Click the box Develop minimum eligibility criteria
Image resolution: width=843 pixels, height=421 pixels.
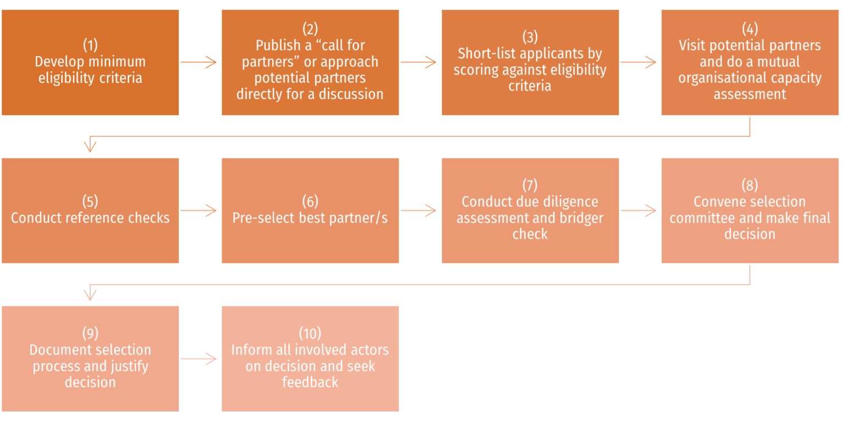[91, 62]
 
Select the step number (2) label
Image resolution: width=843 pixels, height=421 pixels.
[310, 29]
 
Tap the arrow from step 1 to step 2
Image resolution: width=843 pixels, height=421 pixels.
[200, 62]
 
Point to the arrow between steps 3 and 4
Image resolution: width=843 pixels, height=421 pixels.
[639, 62]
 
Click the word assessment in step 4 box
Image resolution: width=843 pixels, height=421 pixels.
[750, 94]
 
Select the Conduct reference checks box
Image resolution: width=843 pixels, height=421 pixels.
[91, 210]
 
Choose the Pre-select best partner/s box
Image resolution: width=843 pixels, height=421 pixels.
[310, 210]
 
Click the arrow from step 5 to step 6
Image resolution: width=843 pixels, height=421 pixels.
[200, 210]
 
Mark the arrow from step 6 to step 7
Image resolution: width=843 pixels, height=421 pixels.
[419, 210]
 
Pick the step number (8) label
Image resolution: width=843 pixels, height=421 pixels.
[750, 185]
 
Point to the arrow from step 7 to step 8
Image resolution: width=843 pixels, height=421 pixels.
[639, 210]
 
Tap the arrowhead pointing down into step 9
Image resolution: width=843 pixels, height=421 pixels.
[90, 295]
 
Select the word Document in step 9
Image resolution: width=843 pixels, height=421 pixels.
[59, 350]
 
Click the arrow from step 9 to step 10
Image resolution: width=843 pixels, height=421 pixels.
[200, 359]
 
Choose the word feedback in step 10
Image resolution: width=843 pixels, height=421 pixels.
[310, 383]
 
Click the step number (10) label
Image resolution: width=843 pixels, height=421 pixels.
[310, 333]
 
